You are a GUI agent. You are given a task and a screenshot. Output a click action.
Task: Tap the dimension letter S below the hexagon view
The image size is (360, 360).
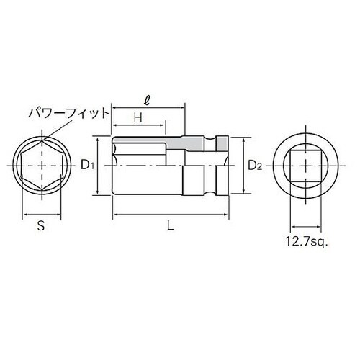pyautogui.click(x=41, y=225)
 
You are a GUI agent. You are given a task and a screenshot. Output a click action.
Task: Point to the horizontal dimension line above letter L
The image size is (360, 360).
pyautogui.click(x=170, y=214)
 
